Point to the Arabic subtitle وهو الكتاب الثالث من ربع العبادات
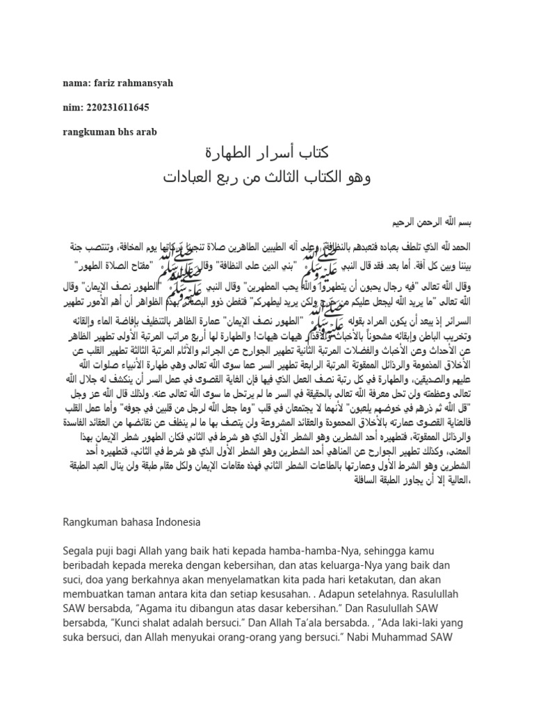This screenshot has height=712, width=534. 268,178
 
